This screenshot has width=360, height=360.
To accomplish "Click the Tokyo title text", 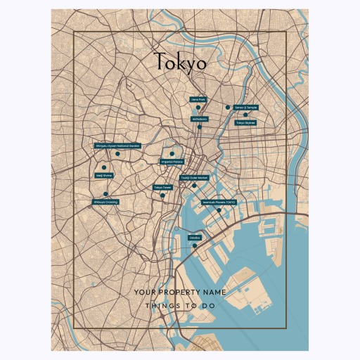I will pyautogui.click(x=180, y=63).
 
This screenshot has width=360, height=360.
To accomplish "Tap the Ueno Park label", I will pyautogui.click(x=198, y=100).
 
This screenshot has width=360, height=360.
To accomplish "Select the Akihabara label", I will pyautogui.click(x=200, y=120).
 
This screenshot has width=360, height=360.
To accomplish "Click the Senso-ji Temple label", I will pyautogui.click(x=246, y=108).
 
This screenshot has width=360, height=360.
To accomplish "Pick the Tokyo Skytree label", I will pyautogui.click(x=245, y=122).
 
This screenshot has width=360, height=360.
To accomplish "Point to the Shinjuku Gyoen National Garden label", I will pyautogui.click(x=117, y=146).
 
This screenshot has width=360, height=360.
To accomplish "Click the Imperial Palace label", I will pyautogui.click(x=172, y=162).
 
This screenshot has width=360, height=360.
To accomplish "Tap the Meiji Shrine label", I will pyautogui.click(x=103, y=176).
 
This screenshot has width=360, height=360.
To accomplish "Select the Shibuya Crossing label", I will pyautogui.click(x=105, y=202).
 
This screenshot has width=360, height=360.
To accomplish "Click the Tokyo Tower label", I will pyautogui.click(x=163, y=188).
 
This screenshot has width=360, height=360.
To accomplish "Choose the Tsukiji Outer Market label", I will pyautogui.click(x=194, y=178).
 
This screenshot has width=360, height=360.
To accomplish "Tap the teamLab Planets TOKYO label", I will pyautogui.click(x=219, y=202).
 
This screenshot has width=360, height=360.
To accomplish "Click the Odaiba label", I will pyautogui.click(x=195, y=238).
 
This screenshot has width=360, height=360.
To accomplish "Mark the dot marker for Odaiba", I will pyautogui.click(x=194, y=246).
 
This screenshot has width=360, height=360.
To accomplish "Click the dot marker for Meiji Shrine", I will pyautogui.click(x=104, y=167).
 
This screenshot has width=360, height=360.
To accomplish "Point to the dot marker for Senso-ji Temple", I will pyautogui.click(x=228, y=108).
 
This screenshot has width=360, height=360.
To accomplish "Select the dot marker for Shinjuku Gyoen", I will pyautogui.click(x=118, y=154).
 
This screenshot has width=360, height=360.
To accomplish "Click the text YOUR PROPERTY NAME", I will pyautogui.click(x=180, y=291).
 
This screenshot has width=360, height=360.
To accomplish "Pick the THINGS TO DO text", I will pyautogui.click(x=180, y=307).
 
